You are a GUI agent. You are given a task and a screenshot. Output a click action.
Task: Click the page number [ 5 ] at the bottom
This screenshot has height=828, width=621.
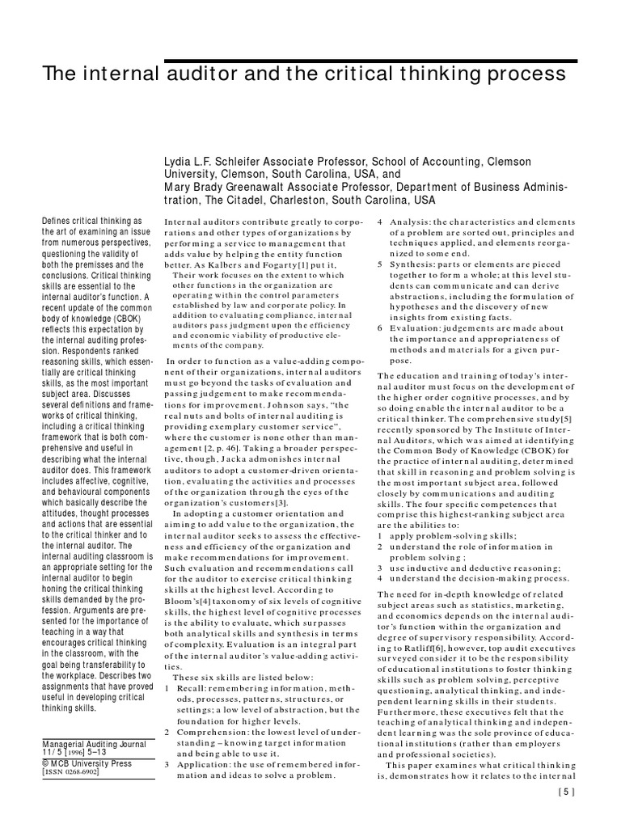coord(566,815)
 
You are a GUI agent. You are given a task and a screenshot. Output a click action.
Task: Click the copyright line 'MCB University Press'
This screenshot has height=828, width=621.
coord(88,762)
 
